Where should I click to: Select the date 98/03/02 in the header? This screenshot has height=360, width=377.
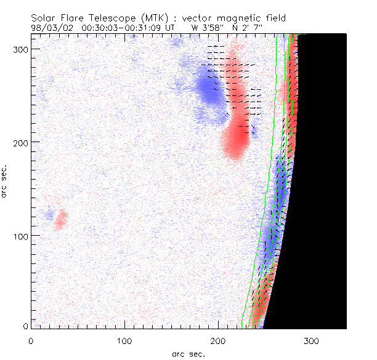(x=50, y=28)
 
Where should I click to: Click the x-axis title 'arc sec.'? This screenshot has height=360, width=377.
(x=188, y=353)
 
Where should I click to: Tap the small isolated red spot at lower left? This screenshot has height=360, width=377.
(x=60, y=219)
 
